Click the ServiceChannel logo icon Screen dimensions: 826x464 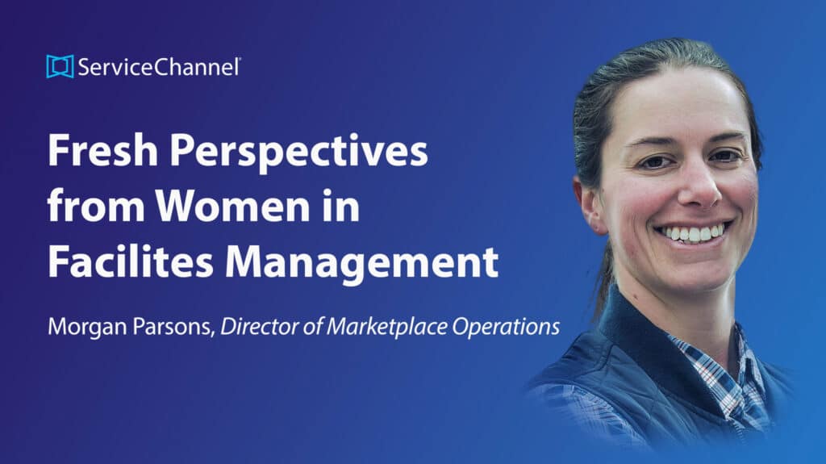(60, 66)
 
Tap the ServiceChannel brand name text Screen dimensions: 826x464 (159, 67)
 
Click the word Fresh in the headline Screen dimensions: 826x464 (102, 150)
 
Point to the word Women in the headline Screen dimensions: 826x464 (232, 206)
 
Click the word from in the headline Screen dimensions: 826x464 (96, 206)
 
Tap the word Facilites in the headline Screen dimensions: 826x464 (131, 261)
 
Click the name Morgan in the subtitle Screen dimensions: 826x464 (87, 328)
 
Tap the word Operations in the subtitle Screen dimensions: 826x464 (506, 328)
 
